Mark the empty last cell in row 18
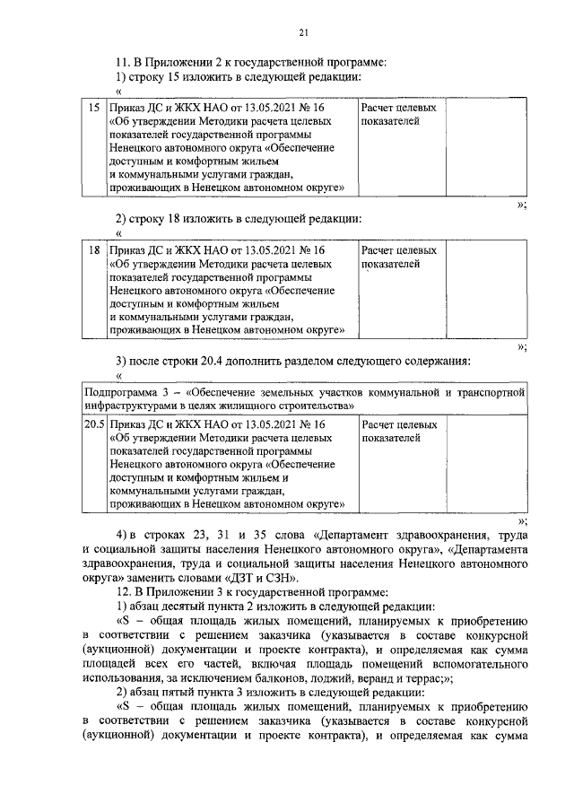pyautogui.click(x=485, y=292)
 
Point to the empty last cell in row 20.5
pyautogui.click(x=485, y=465)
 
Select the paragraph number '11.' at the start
pyautogui.click(x=125, y=62)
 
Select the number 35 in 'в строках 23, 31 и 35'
pyautogui.click(x=267, y=537)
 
